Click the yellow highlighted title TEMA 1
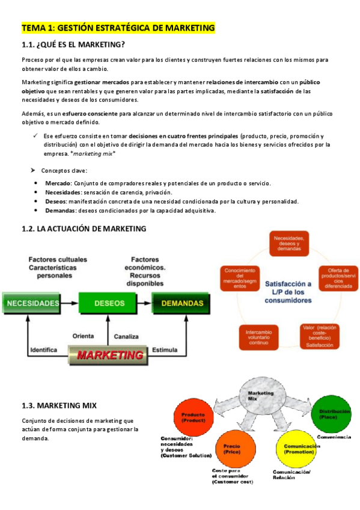point(118,28)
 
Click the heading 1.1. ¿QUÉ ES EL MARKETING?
point(73,45)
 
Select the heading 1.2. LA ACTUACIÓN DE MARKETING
point(84,229)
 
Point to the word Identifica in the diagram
point(43,349)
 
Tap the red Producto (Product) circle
point(194,417)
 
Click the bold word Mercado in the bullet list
point(58,183)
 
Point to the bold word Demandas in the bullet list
point(61,210)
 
